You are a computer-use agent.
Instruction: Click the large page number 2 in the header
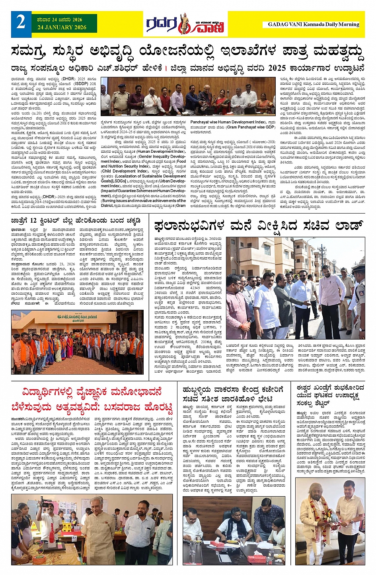click(x=21, y=23)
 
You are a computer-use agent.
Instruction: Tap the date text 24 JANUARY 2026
click(x=62, y=27)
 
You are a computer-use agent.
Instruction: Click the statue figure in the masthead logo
click(x=183, y=24)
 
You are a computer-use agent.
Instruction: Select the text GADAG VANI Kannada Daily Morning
click(x=313, y=24)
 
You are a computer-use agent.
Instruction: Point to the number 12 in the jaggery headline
click(x=33, y=220)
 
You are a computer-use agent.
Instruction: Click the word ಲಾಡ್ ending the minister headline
click(x=348, y=225)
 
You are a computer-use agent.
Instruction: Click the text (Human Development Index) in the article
click(x=161, y=151)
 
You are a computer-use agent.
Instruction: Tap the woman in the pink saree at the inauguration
click(x=221, y=101)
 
